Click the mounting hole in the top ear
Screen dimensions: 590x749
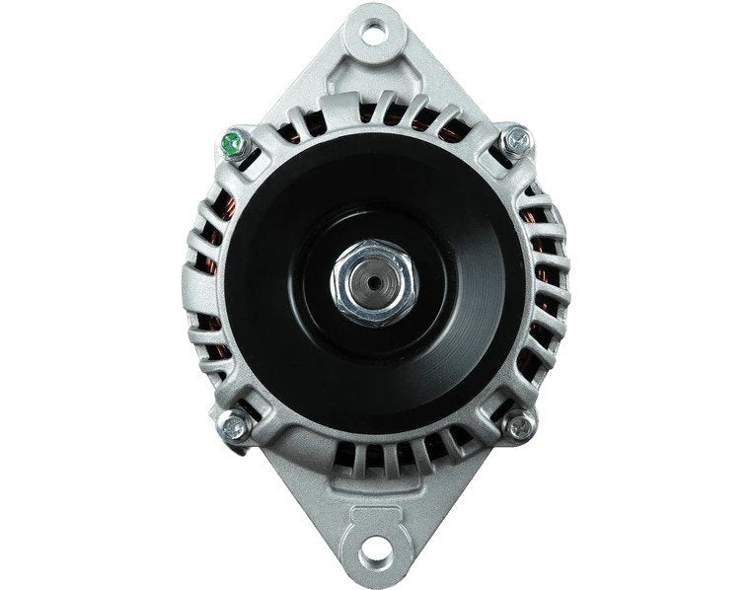coord(375,30)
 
